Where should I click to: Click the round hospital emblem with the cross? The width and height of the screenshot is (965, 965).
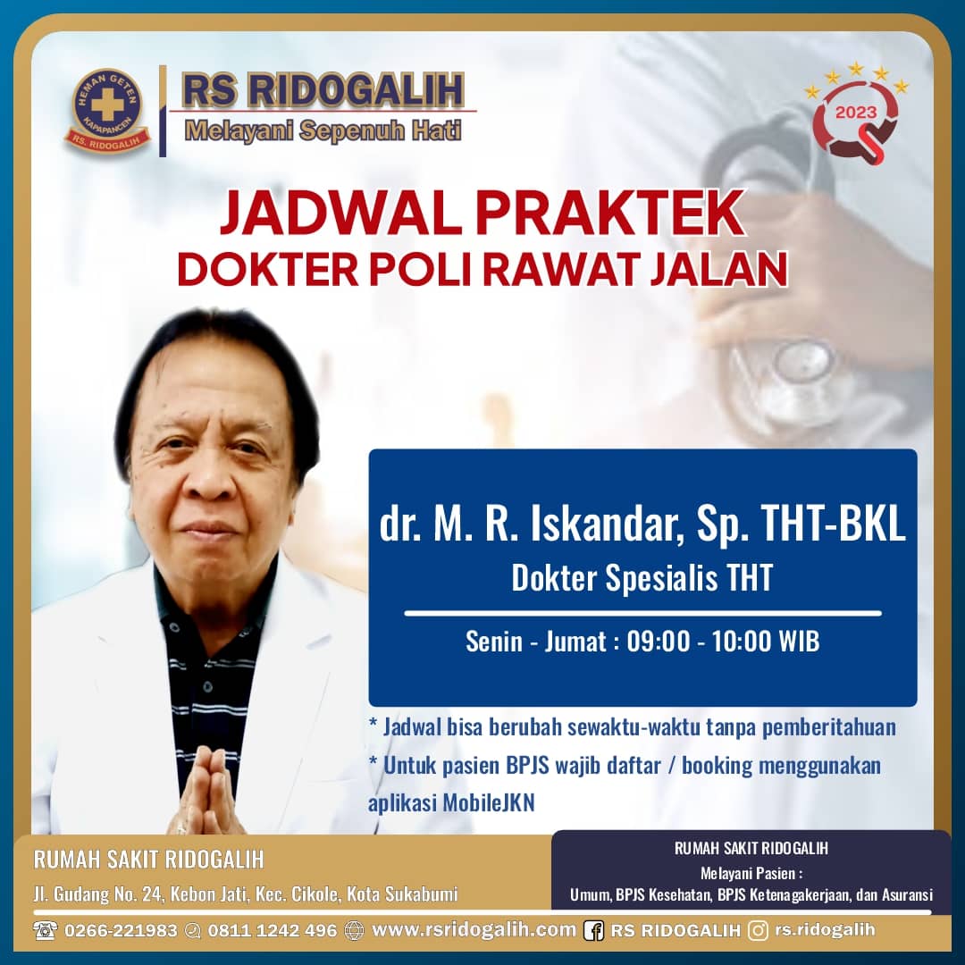[x=107, y=110]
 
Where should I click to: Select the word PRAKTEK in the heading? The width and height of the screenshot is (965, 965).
[x=610, y=214]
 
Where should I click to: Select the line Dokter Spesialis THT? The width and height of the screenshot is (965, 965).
[x=642, y=578]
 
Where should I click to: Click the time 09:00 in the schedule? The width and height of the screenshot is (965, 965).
[x=658, y=642]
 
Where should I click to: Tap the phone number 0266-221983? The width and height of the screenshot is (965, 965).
[x=121, y=930]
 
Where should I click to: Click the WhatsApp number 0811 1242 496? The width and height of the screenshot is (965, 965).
[x=272, y=930]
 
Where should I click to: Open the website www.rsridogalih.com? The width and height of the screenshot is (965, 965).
[x=474, y=929]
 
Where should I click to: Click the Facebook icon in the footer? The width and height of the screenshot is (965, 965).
[x=593, y=930]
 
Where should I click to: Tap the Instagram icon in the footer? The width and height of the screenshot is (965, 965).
[x=759, y=930]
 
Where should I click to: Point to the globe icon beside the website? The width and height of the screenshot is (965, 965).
[x=354, y=930]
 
